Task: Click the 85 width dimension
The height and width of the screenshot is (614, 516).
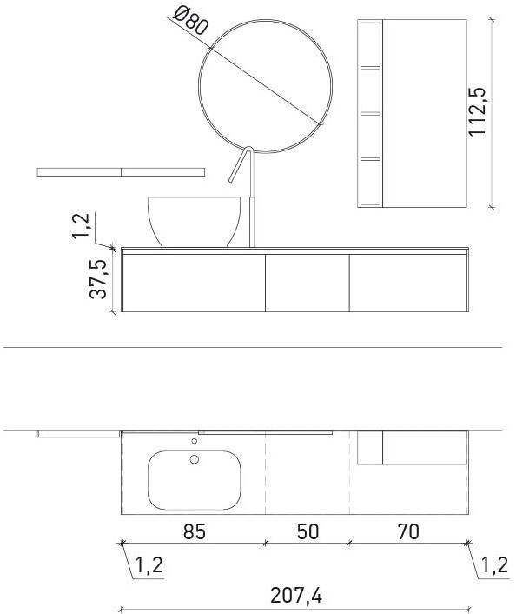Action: tap(195, 531)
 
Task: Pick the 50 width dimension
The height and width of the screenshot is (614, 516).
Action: tap(308, 531)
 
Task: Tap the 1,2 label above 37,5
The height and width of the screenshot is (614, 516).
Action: tap(83, 224)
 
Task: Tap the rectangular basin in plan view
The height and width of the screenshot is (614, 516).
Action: tap(194, 479)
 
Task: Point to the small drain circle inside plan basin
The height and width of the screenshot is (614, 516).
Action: tap(194, 459)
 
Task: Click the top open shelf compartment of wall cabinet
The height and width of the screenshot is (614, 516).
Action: tap(369, 43)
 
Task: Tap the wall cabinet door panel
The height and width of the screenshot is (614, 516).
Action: tap(427, 113)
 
